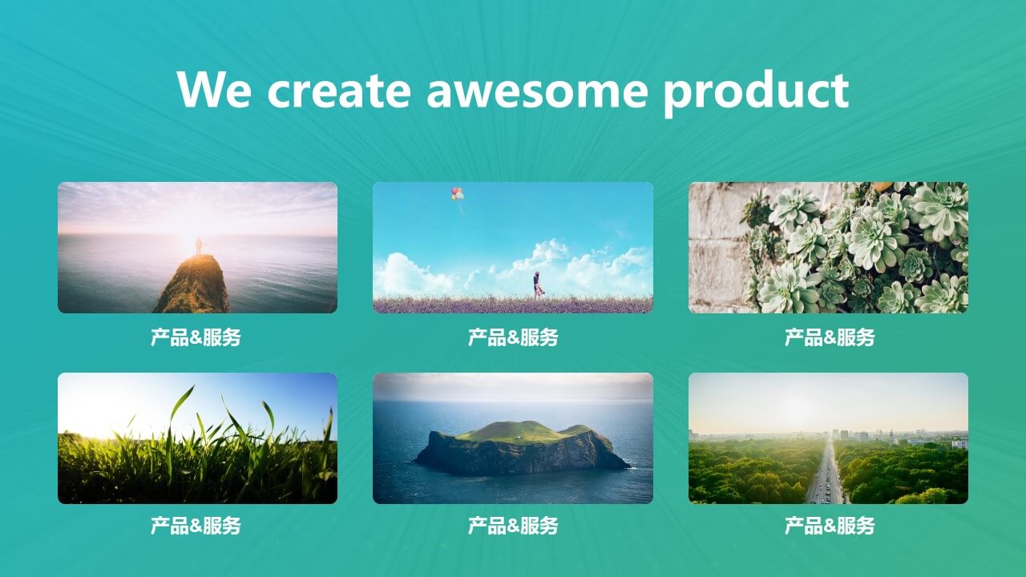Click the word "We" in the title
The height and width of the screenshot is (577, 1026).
tap(214, 89)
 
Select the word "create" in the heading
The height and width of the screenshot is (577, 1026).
tap(339, 91)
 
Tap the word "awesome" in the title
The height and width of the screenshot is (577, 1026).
tap(537, 91)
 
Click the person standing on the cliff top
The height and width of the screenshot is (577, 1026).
tap(198, 245)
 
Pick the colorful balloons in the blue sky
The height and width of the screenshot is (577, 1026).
tap(457, 194)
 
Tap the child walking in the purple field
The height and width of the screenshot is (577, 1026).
tap(538, 285)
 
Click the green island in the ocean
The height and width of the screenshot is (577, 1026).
tap(521, 447)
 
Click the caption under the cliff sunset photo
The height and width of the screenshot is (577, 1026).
tap(196, 337)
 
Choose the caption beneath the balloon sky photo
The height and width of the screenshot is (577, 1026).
tap(513, 337)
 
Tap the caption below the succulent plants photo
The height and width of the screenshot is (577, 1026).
tap(830, 337)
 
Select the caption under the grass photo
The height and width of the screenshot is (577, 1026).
tap(196, 525)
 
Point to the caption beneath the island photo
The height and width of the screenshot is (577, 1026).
tap(513, 525)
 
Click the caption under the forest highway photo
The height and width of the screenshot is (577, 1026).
tap(830, 525)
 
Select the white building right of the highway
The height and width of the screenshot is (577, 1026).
tap(959, 444)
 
